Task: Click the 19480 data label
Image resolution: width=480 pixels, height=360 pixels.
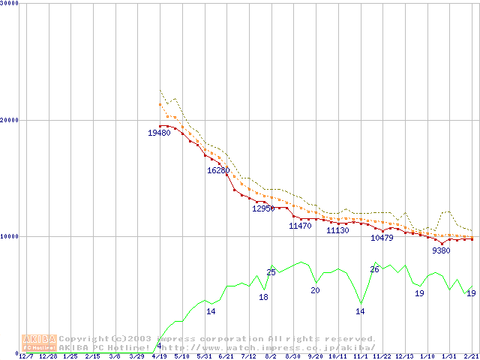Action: pos(158,133)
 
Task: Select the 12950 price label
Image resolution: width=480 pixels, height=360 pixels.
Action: pos(263,208)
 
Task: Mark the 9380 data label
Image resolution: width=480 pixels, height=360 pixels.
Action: pos(441,250)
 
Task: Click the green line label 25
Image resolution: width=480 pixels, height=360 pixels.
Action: pos(271,272)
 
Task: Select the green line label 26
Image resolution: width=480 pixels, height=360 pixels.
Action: pos(374,269)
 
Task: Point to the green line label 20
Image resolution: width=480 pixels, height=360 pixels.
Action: pos(315,290)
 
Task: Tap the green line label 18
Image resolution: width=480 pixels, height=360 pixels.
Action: pos(263,297)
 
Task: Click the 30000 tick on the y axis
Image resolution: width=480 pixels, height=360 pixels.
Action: pos(9,4)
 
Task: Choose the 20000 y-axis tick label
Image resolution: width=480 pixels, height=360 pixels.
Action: pos(9,120)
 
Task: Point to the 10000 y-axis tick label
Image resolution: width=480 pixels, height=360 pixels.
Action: pos(9,236)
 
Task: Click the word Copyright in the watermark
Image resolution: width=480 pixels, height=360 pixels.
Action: pos(83,339)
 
